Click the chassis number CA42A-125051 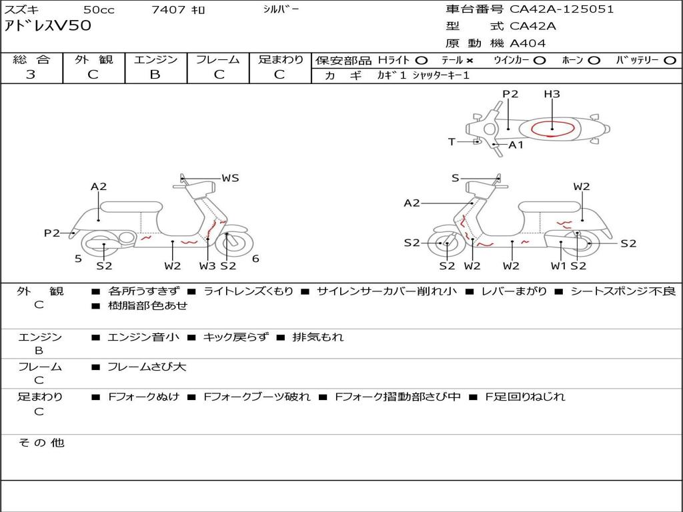pos(562,9)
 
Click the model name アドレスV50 pos(47,27)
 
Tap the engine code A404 pos(528,43)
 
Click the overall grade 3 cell pos(31,75)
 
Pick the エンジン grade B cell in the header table pos(155,75)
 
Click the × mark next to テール pos(470,60)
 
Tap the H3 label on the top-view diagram pos(552,94)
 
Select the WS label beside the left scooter pos(230,178)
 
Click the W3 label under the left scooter pos(207,266)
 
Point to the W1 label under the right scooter pos(559,266)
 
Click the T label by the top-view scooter pos(452,141)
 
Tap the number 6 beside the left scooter pos(255,259)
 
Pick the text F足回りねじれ pos(524,397)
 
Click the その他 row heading pos(41,443)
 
